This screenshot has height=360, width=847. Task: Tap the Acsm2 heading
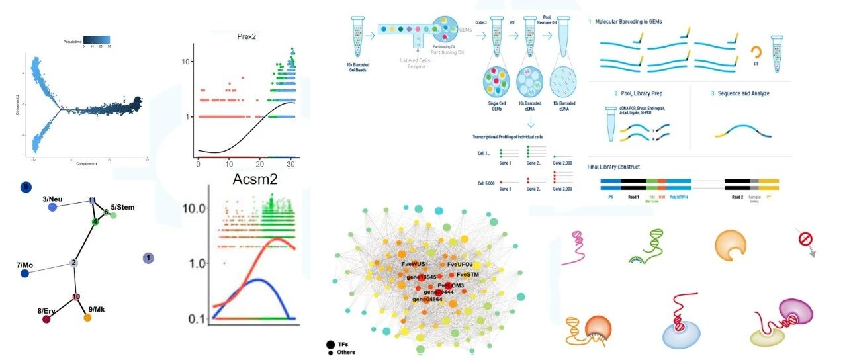click(253, 179)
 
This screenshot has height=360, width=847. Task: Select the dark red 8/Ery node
click(46, 320)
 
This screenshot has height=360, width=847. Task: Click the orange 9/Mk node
click(87, 318)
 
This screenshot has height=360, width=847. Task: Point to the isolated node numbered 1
click(149, 257)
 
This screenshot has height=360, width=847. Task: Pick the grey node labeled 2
click(74, 263)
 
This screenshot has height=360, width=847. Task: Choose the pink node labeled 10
click(77, 296)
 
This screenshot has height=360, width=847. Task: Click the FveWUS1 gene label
click(416, 264)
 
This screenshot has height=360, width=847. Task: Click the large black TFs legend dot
click(330, 344)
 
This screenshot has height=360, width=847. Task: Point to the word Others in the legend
click(346, 352)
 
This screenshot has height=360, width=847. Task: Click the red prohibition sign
click(807, 239)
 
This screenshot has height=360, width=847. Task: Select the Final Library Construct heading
click(618, 167)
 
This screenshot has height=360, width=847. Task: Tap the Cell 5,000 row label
click(486, 182)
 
